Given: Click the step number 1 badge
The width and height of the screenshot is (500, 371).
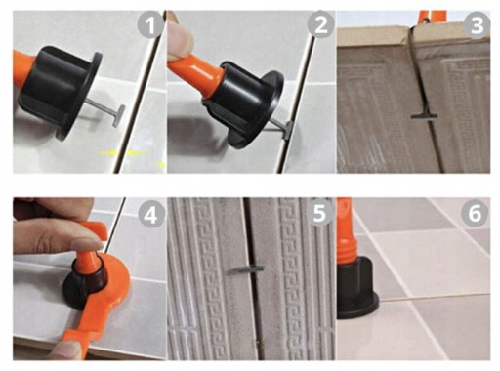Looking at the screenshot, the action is tap(150, 25).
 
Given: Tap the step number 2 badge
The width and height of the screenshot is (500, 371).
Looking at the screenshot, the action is tap(320, 25).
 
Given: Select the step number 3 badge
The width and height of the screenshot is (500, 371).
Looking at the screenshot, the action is tap(477, 25).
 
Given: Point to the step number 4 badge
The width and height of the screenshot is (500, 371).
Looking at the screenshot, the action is tap(150, 215).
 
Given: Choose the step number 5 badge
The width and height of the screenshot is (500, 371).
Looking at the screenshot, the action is tap(320, 213).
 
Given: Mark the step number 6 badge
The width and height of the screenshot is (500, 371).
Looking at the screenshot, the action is tap(475, 213).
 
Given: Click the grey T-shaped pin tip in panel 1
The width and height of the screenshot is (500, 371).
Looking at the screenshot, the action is tap(118, 116).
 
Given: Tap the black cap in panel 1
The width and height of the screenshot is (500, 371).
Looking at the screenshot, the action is tap(59, 90).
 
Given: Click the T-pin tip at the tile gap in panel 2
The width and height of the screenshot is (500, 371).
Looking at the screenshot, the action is tap(287, 130).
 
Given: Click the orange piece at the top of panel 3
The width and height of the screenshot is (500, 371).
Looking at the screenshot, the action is tap(432, 16).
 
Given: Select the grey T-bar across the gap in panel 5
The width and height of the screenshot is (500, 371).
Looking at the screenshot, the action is tap(246, 269).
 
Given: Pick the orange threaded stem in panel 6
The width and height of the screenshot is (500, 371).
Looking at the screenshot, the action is tap(347, 234).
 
